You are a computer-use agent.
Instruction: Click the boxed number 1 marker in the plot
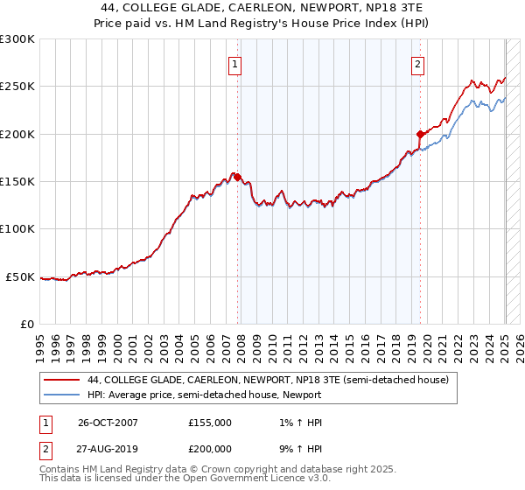click(236, 63)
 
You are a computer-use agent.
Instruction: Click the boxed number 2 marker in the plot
click(418, 63)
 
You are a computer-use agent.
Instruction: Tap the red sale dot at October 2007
click(238, 178)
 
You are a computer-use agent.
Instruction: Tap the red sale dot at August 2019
click(420, 135)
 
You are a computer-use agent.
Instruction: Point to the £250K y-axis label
click(17, 87)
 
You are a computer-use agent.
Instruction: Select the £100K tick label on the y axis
click(17, 228)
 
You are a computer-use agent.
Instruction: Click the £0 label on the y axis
click(26, 324)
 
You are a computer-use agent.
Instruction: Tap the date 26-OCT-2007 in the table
click(108, 423)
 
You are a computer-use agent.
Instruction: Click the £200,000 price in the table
click(210, 449)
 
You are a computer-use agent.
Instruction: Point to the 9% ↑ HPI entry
click(297, 449)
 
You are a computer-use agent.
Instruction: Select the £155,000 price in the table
click(210, 423)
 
